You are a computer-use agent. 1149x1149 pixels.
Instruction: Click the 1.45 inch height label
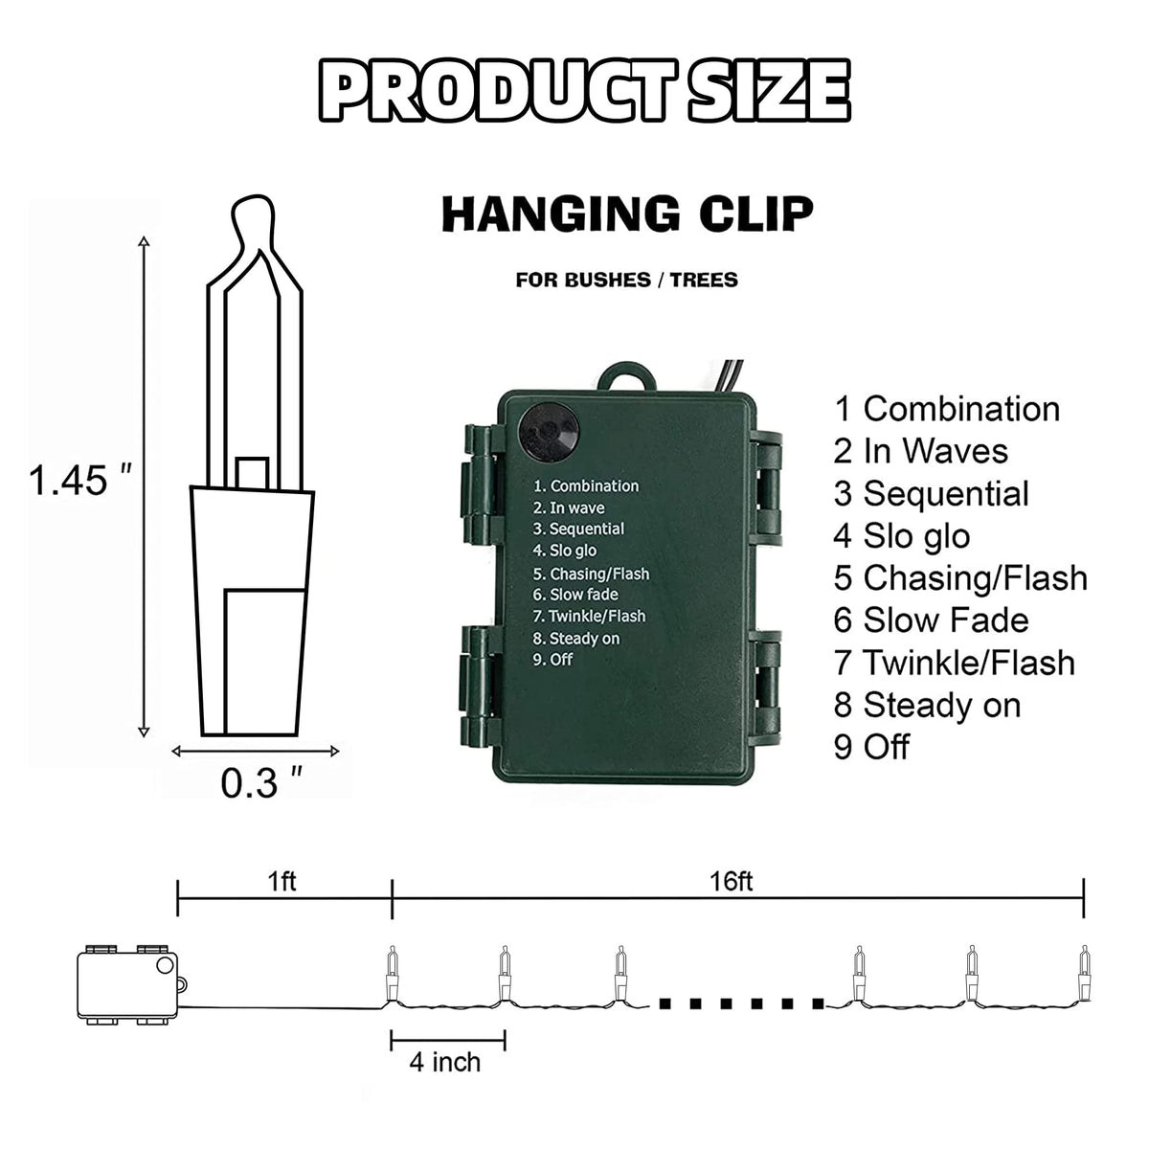[x=79, y=481]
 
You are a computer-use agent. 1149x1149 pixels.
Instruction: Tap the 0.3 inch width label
[x=261, y=783]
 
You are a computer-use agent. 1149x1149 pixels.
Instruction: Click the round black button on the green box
[x=548, y=432]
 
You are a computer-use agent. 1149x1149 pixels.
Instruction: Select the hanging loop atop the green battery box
[x=625, y=376]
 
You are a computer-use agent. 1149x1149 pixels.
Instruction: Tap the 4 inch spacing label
[x=445, y=1062]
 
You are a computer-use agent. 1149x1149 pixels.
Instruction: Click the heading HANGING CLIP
[x=627, y=214]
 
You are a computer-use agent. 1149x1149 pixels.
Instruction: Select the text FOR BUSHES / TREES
[x=626, y=280]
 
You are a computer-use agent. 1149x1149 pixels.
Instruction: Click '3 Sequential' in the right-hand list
[x=931, y=494]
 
